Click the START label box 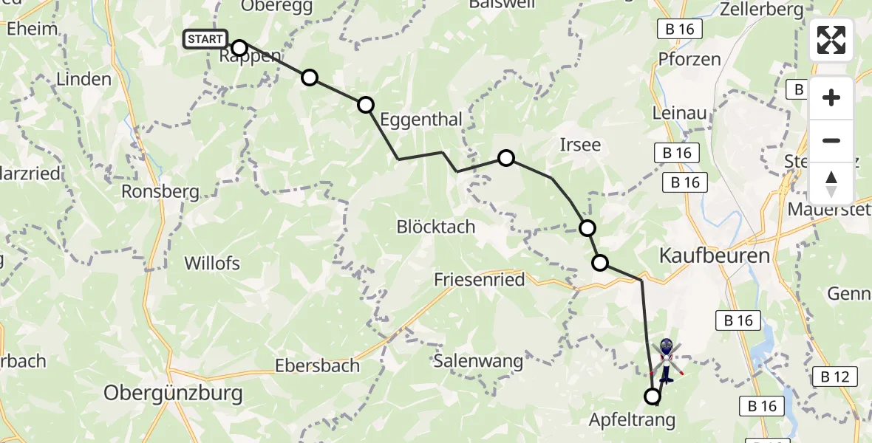coord(206,39)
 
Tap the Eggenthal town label coord(420,120)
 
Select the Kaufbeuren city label coord(714,256)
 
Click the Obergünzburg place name coord(173,393)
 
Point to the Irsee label coord(580,145)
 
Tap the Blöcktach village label coord(436,227)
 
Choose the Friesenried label coord(480,280)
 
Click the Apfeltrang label coord(633,421)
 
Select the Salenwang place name coord(478,362)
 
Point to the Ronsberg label coord(161,192)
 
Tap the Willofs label coord(212,263)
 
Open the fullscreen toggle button coord(831,40)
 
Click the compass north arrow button coord(831,183)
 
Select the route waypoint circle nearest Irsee coord(506,157)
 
